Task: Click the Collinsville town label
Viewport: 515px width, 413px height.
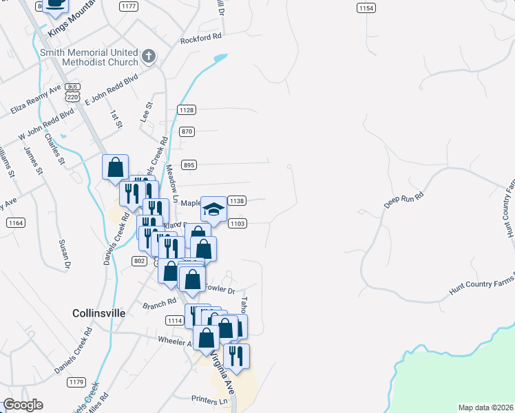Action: point(99,313)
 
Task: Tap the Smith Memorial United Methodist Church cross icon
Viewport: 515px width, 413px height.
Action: point(148,56)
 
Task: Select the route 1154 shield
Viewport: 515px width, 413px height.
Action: point(366,8)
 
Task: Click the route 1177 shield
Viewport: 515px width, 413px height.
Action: point(128,6)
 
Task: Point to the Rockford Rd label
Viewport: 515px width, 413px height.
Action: point(201,39)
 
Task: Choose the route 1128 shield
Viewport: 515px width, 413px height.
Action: point(187,110)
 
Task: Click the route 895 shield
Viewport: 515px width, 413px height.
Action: point(190,165)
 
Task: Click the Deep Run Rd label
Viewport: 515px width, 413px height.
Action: point(403,200)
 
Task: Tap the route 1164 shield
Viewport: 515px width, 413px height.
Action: point(16,223)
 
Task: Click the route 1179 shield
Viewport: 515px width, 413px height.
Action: point(76,382)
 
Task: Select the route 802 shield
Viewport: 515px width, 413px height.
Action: point(139,260)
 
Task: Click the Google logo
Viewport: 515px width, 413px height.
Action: point(23,405)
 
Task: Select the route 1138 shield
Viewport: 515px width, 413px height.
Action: point(237,201)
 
